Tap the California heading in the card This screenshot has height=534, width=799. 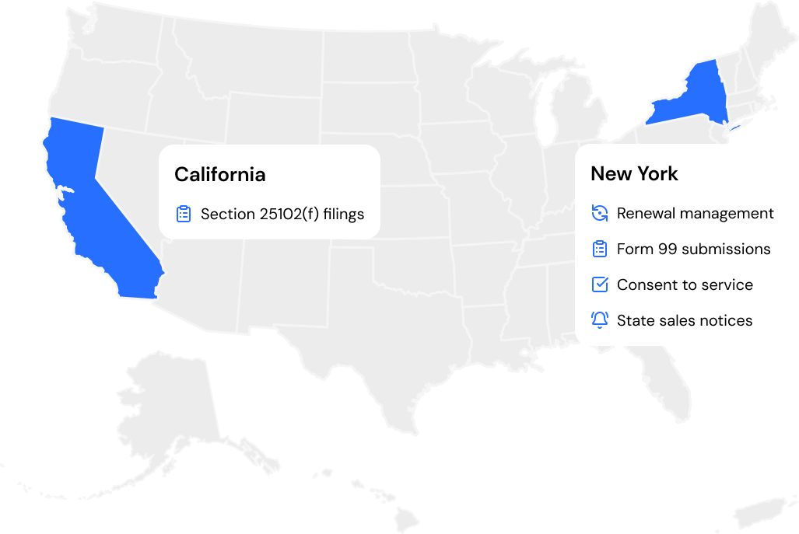coord(219,174)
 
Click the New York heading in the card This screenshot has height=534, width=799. coord(634,173)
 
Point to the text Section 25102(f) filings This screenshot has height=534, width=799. coord(282,214)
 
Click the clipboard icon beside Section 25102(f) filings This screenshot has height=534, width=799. coord(184,214)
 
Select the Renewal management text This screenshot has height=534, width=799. coord(695,213)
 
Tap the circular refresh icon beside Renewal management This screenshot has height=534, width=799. coord(599,213)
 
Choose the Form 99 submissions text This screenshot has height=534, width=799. coord(693,249)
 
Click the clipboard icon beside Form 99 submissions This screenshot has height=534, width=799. coord(599,249)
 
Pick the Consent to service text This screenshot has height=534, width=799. coord(685,284)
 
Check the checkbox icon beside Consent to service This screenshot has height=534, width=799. coord(599,284)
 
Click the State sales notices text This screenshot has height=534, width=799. coord(685,320)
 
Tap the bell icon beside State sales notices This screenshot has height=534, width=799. coord(599,319)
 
